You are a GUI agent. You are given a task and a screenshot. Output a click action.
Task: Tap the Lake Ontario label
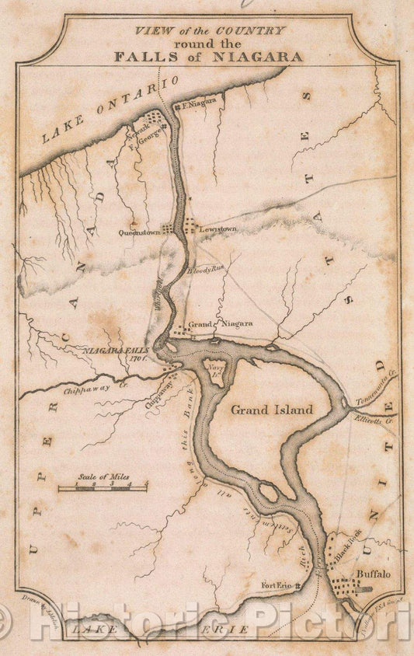110,112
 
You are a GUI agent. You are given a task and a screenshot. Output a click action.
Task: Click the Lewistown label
218,231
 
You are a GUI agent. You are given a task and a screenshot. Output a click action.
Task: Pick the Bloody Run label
205,270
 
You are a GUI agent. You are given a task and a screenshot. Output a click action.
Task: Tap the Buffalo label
373,574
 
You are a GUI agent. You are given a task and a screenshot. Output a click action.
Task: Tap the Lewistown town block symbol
190,226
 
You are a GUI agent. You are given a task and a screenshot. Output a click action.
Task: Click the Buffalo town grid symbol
350,588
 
